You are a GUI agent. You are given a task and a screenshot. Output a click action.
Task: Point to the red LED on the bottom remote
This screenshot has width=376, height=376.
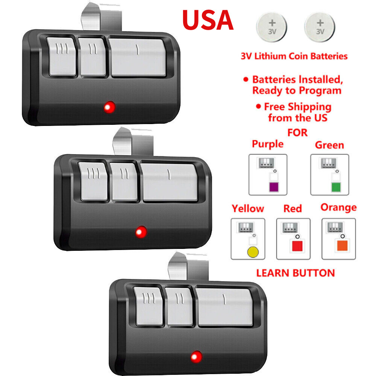pos(196,356)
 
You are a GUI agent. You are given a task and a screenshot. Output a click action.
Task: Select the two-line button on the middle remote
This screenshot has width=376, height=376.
pos(124,181)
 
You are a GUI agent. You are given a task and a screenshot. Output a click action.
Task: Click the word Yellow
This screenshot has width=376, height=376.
pos(248,208)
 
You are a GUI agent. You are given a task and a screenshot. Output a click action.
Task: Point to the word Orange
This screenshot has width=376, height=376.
pos(338,208)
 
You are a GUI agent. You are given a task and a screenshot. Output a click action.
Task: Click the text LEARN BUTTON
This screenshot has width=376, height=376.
pos(295,273)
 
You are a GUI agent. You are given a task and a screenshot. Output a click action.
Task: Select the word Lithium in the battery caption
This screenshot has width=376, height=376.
pos(270,56)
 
